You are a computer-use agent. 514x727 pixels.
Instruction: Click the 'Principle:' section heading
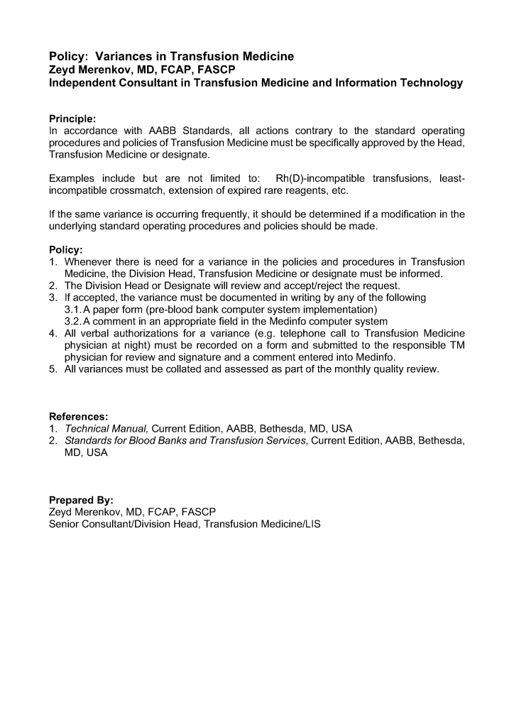pos(72,118)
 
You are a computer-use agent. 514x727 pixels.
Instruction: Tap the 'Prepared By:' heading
pos(81,500)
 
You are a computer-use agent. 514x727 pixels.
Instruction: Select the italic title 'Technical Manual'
pos(106,428)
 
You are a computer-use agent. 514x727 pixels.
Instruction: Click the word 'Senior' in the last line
pos(65,524)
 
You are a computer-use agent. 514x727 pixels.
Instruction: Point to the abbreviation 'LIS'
pos(312,524)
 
